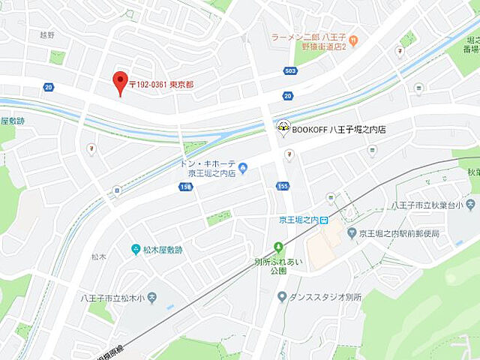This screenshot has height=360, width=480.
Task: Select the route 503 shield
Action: [x=290, y=70]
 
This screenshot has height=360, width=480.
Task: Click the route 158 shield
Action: [x=185, y=186]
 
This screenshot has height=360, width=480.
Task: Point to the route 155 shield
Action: [x=282, y=186]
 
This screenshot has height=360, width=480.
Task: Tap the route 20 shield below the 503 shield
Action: [x=287, y=95]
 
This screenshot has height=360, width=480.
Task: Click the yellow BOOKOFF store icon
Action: [x=283, y=128]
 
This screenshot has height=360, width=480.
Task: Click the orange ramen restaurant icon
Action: [x=353, y=40]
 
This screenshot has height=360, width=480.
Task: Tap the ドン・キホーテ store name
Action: [x=208, y=163]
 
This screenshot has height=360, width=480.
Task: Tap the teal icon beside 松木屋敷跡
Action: [x=136, y=250]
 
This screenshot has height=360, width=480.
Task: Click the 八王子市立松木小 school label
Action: [x=112, y=298]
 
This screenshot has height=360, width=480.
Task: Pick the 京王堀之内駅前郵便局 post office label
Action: [x=398, y=233]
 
